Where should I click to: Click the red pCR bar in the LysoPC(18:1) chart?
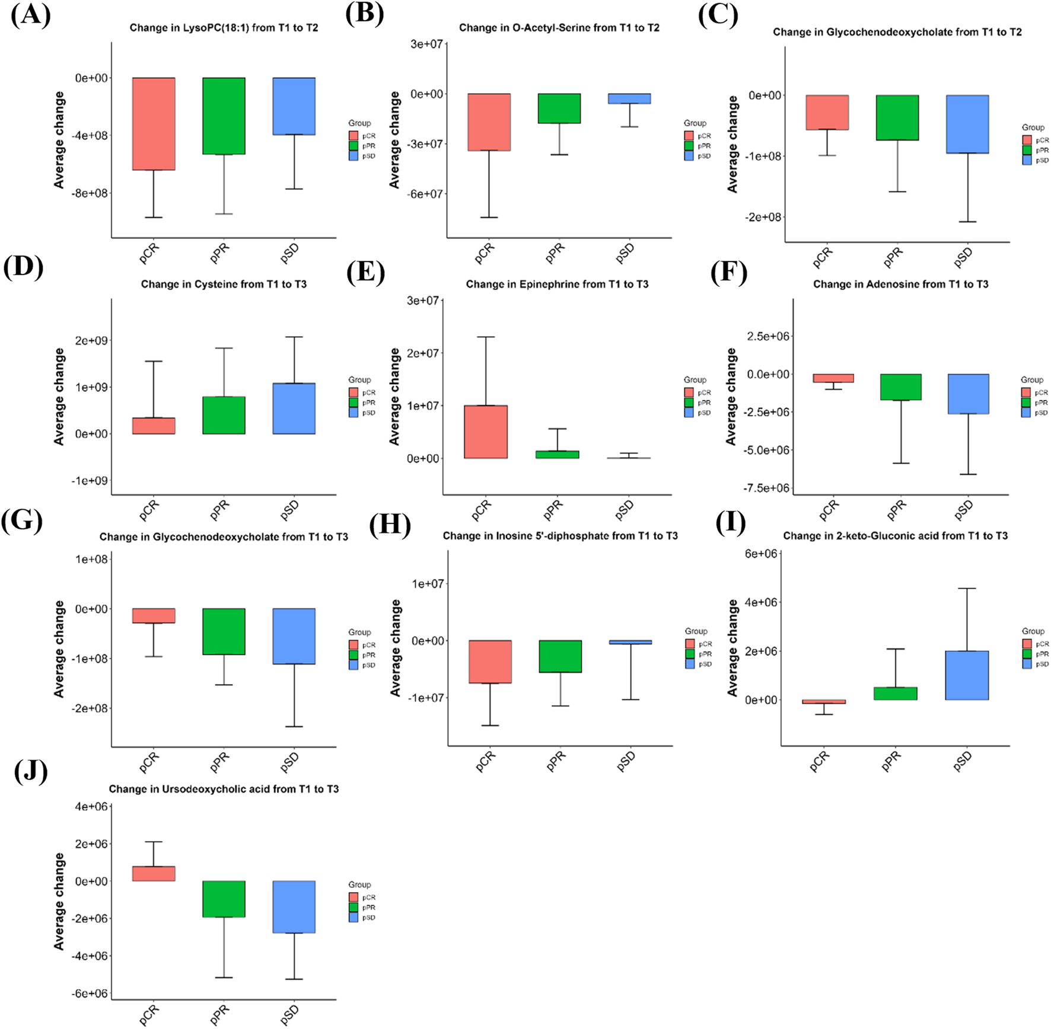(154, 124)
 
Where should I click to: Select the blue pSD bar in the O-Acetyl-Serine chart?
(629, 99)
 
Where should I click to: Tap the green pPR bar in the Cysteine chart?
(224, 415)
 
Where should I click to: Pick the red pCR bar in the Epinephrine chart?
(486, 432)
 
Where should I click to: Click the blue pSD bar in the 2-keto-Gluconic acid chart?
(967, 675)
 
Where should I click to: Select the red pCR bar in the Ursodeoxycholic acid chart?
(154, 874)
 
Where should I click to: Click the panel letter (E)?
(365, 273)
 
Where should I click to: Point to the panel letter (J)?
(30, 772)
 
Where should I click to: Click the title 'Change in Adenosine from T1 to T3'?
(900, 285)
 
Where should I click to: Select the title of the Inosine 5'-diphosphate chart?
(560, 536)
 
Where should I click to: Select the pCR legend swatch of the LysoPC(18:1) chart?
(353, 136)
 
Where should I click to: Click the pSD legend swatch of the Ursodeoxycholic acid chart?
(353, 918)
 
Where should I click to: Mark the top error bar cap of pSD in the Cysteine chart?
(294, 337)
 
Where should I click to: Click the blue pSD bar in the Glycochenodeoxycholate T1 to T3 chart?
(294, 636)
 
